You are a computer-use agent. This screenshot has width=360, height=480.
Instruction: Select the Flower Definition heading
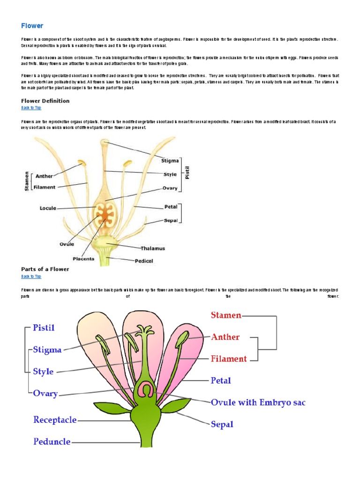pyautogui.click(x=45, y=101)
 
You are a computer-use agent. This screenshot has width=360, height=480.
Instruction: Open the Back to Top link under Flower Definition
pyautogui.click(x=31, y=108)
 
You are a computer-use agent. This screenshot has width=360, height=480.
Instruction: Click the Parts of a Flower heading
pyautogui.click(x=45, y=269)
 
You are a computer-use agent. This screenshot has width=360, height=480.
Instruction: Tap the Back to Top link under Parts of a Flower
pyautogui.click(x=31, y=277)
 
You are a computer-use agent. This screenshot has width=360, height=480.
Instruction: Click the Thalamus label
pyautogui.click(x=153, y=248)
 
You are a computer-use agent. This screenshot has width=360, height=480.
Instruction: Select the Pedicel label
pyautogui.click(x=144, y=261)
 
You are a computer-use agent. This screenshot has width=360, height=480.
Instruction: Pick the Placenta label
pyautogui.click(x=83, y=258)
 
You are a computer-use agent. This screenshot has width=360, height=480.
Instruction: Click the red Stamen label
pyautogui.click(x=226, y=315)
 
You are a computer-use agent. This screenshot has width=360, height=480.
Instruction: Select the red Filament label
pyautogui.click(x=229, y=359)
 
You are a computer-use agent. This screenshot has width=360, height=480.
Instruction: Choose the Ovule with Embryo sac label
pyautogui.click(x=258, y=402)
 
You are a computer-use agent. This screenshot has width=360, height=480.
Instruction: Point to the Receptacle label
pyautogui.click(x=55, y=420)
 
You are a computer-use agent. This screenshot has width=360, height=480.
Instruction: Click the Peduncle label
pyautogui.click(x=52, y=442)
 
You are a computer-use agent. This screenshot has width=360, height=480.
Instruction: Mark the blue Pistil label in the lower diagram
pyautogui.click(x=44, y=328)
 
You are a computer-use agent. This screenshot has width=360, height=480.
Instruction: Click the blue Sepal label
pyautogui.click(x=222, y=424)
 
